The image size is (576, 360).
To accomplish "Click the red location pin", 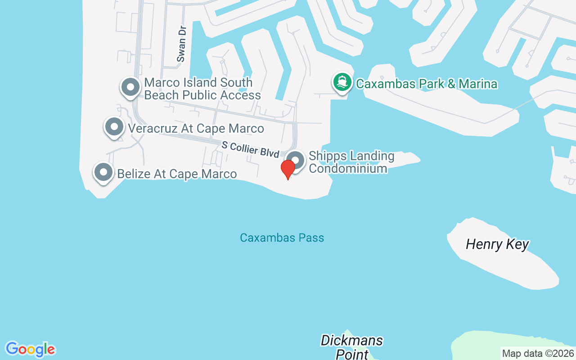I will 288,169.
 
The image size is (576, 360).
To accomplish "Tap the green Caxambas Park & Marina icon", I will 342,82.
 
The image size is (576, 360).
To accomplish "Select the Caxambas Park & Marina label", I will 426,84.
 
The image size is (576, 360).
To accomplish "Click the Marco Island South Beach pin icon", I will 130,86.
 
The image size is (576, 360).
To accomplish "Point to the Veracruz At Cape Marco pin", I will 114,127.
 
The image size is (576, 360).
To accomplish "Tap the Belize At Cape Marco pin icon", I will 103,172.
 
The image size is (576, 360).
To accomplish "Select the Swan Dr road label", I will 181,44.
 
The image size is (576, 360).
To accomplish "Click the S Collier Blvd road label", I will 250,149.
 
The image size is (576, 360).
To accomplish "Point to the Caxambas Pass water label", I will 282,238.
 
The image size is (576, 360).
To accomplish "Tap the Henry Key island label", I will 497,244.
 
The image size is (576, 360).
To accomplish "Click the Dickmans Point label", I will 351,347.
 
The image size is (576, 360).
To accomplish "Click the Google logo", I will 30,349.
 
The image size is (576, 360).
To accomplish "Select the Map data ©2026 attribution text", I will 538,353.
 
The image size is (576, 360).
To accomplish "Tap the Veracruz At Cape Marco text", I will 196,128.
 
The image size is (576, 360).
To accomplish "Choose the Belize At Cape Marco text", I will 177,174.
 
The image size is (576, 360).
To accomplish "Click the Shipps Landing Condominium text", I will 351,162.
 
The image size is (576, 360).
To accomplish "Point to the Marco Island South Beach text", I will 202,89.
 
